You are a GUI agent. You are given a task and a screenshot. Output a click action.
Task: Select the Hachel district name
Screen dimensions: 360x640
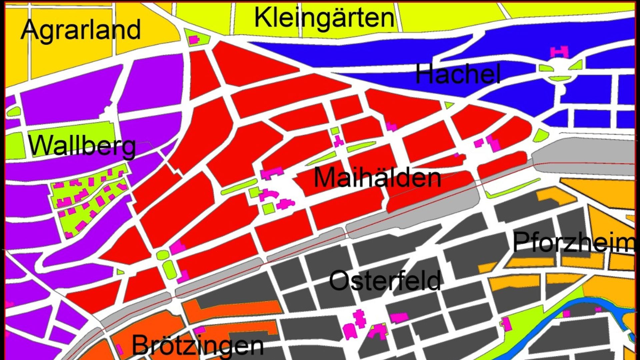pyautogui.click(x=458, y=74)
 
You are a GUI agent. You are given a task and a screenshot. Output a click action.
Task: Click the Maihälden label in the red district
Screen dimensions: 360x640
pyautogui.click(x=377, y=177)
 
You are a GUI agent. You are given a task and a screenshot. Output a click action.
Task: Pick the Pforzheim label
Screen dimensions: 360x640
pyautogui.click(x=574, y=242)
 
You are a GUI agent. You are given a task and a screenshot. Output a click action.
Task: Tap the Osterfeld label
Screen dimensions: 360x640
pyautogui.click(x=385, y=280)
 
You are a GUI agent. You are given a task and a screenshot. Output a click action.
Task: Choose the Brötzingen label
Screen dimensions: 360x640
pyautogui.click(x=198, y=345)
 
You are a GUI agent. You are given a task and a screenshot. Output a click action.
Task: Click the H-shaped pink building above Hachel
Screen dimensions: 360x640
pyautogui.click(x=559, y=52)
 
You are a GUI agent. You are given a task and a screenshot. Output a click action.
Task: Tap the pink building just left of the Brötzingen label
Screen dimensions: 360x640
pyautogui.click(x=119, y=349)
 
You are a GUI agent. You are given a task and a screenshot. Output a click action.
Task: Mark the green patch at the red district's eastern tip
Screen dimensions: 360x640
pyautogui.click(x=541, y=135)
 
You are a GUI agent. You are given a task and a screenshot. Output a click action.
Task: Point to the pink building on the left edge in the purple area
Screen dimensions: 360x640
pyautogui.click(x=8, y=304)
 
